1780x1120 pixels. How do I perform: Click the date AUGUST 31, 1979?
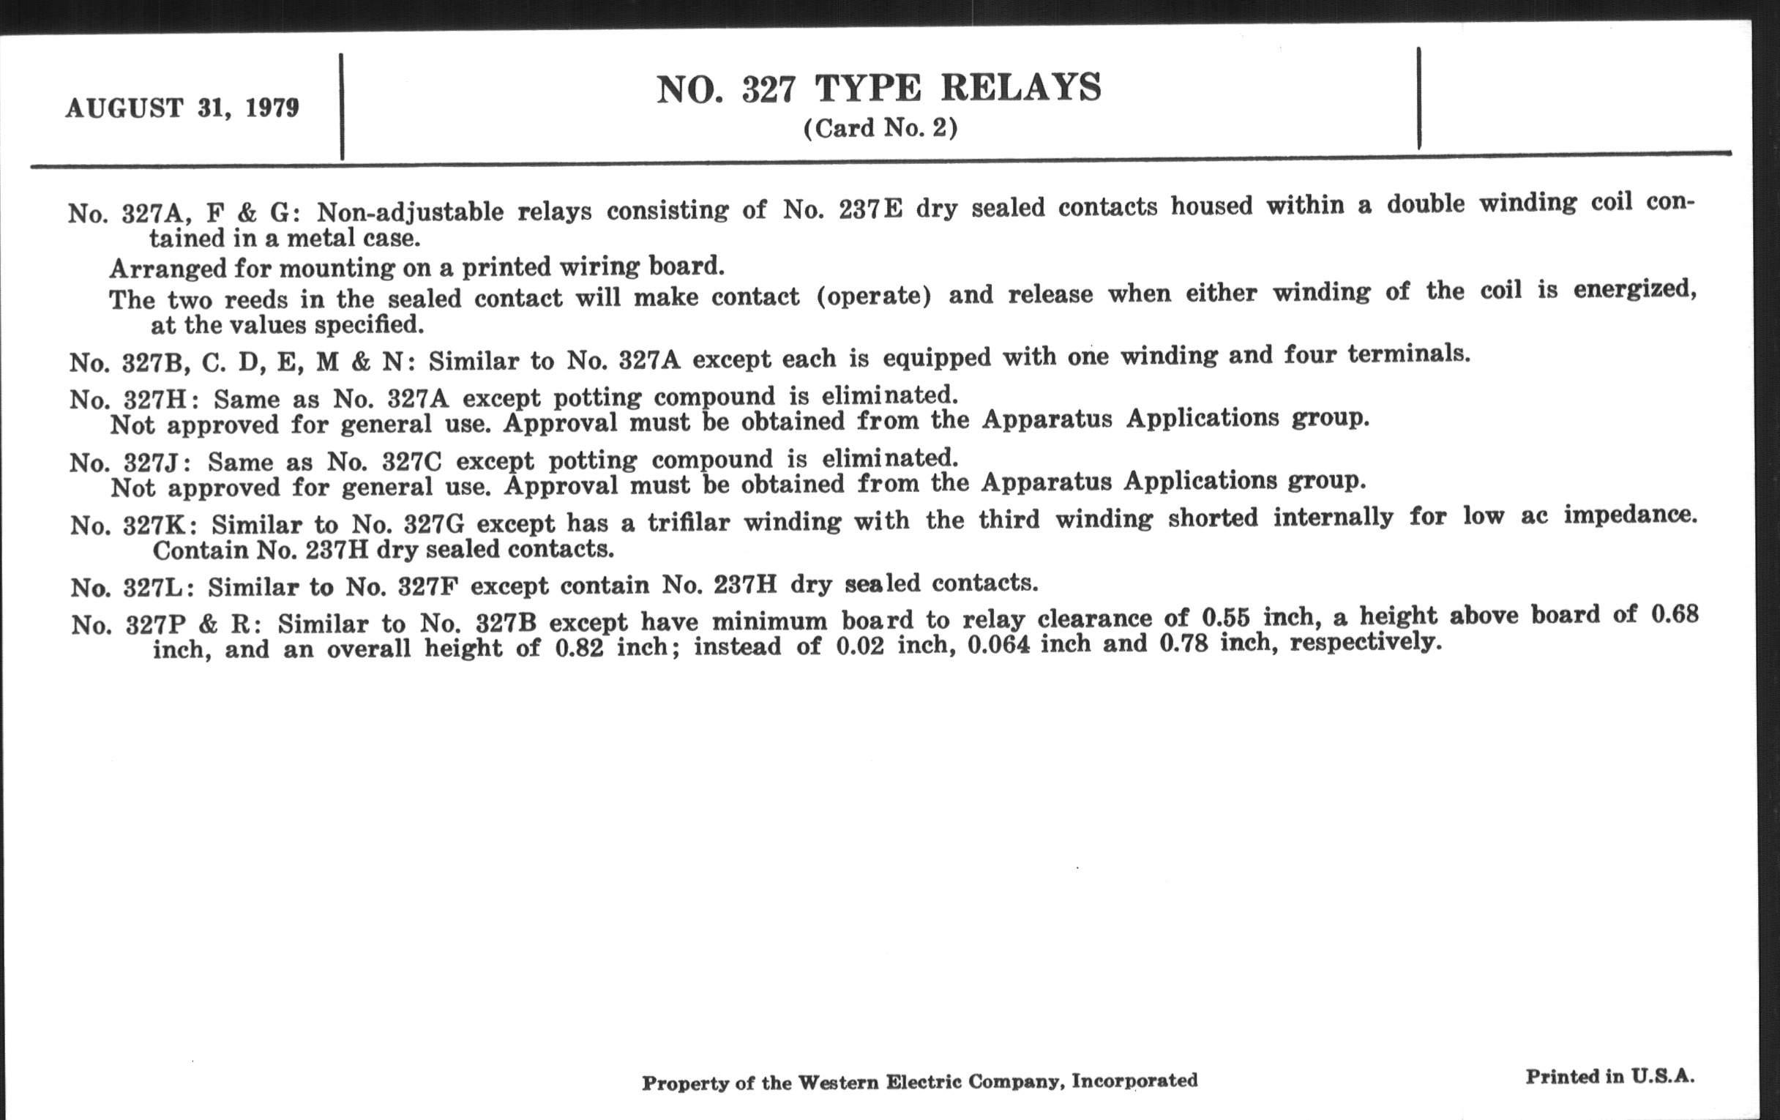(182, 108)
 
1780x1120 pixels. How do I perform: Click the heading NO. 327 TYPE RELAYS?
(879, 89)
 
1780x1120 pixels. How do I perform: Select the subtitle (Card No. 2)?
(880, 129)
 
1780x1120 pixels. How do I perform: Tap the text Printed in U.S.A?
(1610, 1076)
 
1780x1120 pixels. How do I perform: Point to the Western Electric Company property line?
(919, 1082)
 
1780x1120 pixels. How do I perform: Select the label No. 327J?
(131, 463)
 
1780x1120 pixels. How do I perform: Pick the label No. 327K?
(134, 526)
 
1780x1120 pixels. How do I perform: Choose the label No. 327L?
(132, 588)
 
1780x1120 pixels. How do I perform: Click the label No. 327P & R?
(167, 624)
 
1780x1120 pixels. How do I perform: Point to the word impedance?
(1630, 515)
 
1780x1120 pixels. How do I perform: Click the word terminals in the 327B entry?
(1408, 355)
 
